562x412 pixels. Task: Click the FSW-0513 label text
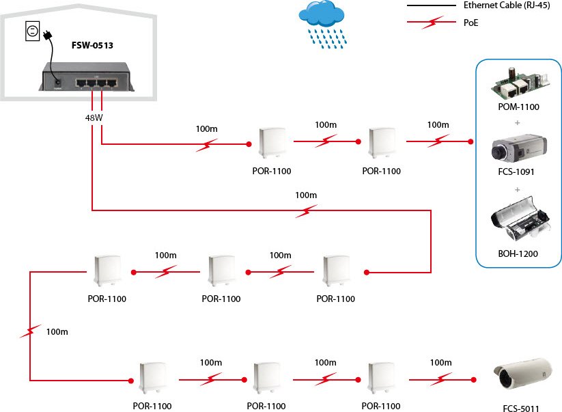[x=92, y=46]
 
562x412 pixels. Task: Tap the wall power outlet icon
[x=31, y=30]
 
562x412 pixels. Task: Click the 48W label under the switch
[x=94, y=118]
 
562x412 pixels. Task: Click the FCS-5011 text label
[x=520, y=409]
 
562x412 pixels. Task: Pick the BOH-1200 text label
[x=518, y=253]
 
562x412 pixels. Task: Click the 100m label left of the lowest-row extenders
[x=57, y=331]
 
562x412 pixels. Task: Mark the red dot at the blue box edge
[x=470, y=142]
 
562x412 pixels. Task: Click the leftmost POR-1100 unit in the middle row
[x=107, y=271]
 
